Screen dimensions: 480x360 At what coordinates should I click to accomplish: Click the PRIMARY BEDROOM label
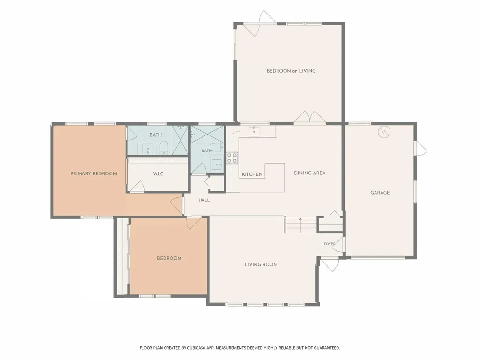[x=94, y=173]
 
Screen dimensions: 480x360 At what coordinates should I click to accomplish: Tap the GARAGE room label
[x=380, y=193]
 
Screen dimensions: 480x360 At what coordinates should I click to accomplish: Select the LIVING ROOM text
[x=261, y=264]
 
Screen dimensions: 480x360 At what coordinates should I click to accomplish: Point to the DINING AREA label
[x=310, y=173]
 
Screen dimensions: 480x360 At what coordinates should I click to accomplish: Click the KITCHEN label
[x=252, y=174]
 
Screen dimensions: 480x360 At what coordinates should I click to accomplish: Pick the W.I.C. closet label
[x=158, y=174]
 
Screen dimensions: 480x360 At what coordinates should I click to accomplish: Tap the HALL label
[x=204, y=200]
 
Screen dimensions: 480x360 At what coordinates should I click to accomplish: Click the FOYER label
[x=330, y=244]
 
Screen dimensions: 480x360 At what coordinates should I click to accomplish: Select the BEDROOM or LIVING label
[x=291, y=71]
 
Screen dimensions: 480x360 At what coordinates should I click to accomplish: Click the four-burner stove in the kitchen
[x=232, y=158]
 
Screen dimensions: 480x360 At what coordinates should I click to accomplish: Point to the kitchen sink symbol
[x=254, y=131]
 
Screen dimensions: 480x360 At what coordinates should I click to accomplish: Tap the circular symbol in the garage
[x=384, y=132]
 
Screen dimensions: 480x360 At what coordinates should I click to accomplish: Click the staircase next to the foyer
[x=300, y=225]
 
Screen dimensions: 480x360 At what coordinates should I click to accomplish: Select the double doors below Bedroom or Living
[x=310, y=117]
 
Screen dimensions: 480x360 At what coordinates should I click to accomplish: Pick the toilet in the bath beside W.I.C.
[x=164, y=148]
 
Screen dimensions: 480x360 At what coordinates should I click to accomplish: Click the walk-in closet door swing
[x=137, y=187]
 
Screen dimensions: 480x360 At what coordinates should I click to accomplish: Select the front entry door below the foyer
[x=330, y=265]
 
